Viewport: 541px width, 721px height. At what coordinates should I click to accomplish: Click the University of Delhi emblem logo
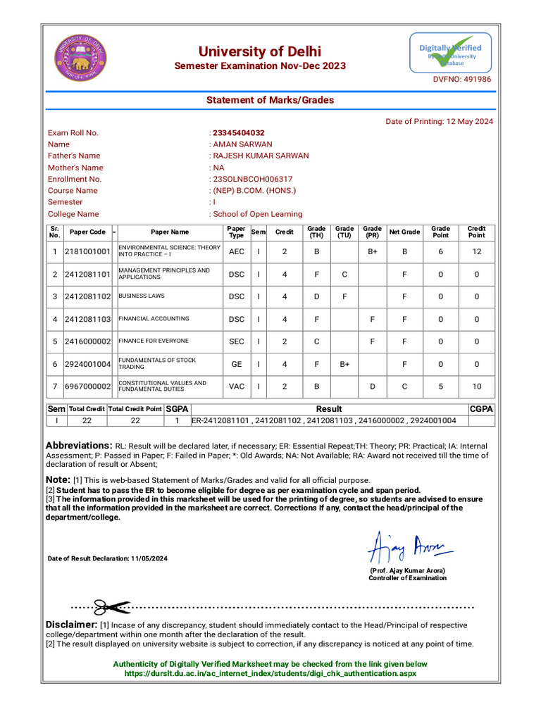(x=79, y=58)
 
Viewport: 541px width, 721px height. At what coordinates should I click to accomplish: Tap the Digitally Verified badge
(x=451, y=54)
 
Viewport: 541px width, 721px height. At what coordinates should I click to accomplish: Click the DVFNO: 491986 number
(x=461, y=80)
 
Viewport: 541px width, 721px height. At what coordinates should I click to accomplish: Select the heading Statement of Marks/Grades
(x=270, y=101)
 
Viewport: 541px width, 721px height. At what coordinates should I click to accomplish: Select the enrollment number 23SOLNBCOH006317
(x=252, y=180)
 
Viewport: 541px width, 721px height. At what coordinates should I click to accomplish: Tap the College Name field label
(x=73, y=214)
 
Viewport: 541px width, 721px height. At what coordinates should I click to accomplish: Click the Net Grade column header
(x=404, y=232)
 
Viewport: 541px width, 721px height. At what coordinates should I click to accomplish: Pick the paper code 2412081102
(x=87, y=296)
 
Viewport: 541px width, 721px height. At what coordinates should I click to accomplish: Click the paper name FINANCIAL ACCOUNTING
(x=154, y=319)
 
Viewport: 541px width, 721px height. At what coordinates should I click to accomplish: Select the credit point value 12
(x=477, y=251)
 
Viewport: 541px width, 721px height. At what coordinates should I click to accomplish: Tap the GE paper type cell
(x=237, y=364)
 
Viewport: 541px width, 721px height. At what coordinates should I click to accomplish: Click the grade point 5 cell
(x=441, y=387)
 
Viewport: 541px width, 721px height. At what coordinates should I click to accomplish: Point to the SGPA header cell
(x=177, y=409)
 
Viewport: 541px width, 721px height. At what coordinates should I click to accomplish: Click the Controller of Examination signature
(x=409, y=546)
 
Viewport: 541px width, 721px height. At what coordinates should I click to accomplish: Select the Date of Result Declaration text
(x=108, y=558)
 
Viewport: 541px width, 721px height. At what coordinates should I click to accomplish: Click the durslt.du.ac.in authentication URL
(x=270, y=674)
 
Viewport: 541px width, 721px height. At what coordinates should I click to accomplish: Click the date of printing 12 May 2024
(x=440, y=121)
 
